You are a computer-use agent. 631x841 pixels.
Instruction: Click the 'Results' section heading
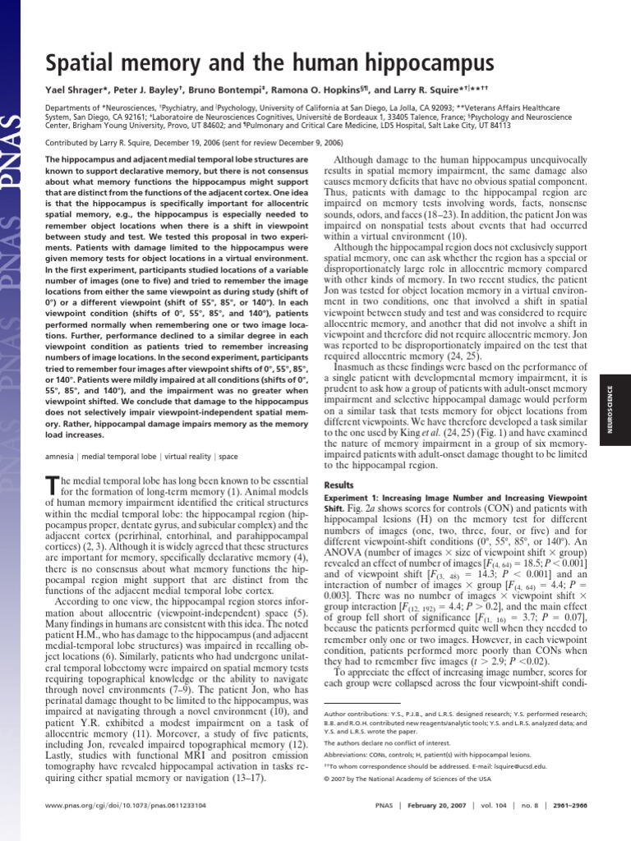(x=339, y=485)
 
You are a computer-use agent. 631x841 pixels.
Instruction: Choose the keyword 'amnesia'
(x=60, y=455)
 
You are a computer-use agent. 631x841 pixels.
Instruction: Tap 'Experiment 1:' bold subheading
(x=351, y=499)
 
